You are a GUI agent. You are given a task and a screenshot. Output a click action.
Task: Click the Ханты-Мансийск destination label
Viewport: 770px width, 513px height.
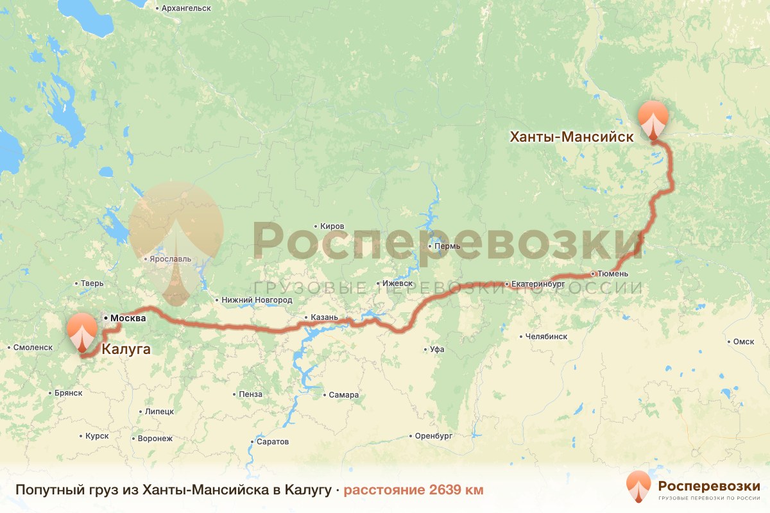(x=572, y=137)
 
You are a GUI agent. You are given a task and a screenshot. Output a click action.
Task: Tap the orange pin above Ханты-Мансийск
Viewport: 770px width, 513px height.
(x=653, y=119)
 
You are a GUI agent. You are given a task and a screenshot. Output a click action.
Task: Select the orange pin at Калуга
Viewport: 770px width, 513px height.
(x=82, y=332)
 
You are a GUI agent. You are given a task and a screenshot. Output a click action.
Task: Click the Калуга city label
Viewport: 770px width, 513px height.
(x=126, y=349)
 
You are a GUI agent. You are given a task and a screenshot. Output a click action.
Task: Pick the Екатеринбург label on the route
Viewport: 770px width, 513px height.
(x=538, y=283)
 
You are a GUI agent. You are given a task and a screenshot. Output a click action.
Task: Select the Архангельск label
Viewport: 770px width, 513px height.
(x=187, y=8)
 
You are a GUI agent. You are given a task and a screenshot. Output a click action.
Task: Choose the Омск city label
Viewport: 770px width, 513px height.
(x=744, y=342)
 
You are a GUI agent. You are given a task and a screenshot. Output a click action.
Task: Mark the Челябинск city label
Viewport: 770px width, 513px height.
(x=546, y=336)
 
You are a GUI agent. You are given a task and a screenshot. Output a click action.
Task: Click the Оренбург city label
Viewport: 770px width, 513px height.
(x=434, y=435)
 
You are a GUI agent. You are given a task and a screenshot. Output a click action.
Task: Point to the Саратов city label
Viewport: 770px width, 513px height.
(x=272, y=442)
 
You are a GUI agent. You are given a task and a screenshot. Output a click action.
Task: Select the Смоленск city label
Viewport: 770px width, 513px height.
(x=33, y=347)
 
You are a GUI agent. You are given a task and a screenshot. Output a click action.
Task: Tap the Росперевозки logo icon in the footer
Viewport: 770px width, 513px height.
(x=639, y=487)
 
